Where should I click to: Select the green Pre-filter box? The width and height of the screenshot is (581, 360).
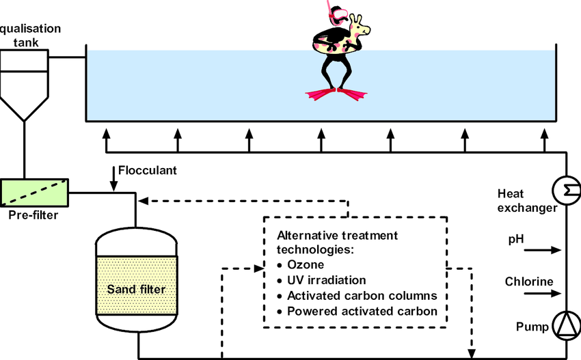coord(34,192)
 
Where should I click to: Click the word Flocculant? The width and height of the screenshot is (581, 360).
coord(148,170)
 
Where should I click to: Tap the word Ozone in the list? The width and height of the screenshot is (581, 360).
coord(306,264)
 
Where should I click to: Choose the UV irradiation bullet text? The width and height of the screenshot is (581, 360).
coord(326,280)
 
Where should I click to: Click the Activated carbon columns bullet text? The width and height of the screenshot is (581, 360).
coord(362,296)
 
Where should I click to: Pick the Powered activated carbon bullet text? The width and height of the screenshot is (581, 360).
coord(362,311)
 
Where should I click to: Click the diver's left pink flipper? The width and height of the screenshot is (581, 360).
coord(320,94)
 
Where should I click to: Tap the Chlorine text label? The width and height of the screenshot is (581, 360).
coord(529,281)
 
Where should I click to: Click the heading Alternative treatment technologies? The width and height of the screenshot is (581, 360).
coord(338,243)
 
